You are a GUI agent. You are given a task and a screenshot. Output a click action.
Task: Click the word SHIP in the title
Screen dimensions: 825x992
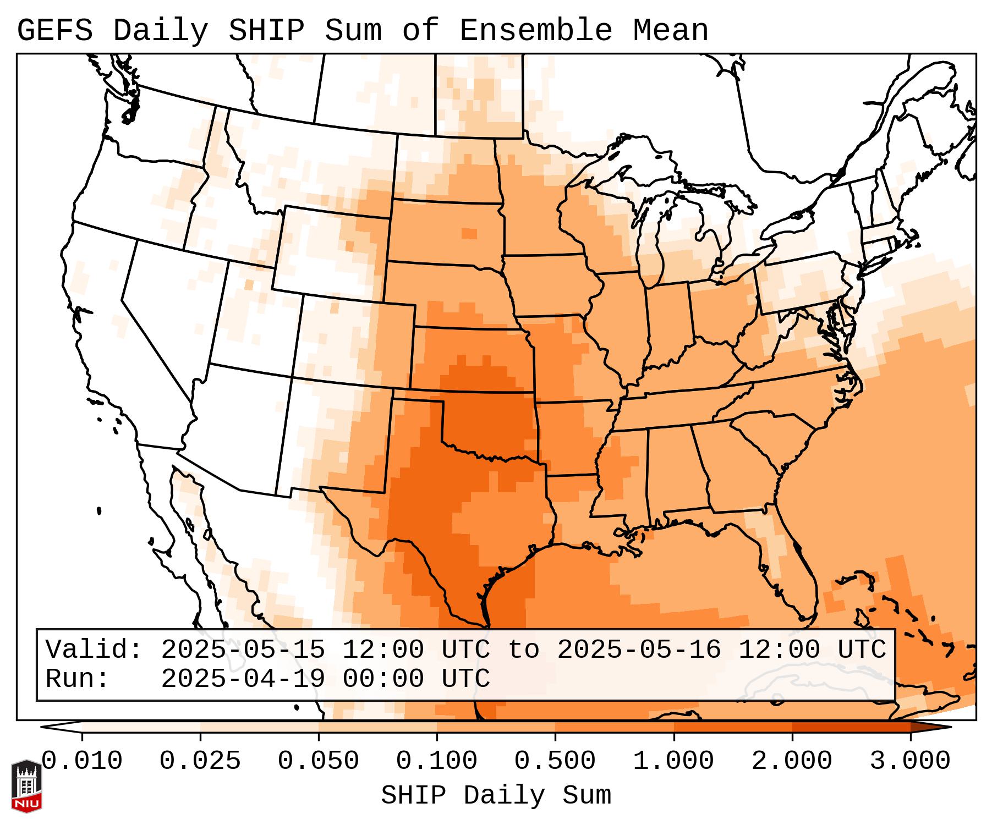point(266,31)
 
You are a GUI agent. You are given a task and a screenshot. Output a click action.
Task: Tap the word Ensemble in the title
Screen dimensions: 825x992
point(535,31)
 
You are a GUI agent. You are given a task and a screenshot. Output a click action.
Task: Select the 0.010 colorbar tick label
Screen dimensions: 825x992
point(82,761)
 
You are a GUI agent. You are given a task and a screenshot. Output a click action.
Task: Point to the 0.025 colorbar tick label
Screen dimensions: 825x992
point(200,761)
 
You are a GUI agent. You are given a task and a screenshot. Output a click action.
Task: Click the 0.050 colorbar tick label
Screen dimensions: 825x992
point(319,761)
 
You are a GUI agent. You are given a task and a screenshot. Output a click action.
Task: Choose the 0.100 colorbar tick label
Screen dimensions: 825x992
point(437,761)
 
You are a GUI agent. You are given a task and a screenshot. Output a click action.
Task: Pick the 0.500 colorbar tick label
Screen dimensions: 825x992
point(555,761)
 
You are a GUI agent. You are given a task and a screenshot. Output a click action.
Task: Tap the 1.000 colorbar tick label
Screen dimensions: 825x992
point(674,761)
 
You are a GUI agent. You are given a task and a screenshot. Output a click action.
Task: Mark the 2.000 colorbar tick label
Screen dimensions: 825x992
point(792,761)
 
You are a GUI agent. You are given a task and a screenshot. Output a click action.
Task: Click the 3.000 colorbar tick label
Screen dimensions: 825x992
point(911,761)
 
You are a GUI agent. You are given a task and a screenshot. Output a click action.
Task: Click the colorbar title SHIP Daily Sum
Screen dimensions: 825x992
point(496,795)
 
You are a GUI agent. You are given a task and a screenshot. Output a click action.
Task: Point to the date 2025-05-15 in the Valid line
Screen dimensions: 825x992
point(243,650)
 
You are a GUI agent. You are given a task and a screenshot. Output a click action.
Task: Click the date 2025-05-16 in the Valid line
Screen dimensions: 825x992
point(639,650)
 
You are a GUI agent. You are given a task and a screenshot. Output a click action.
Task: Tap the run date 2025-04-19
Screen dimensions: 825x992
point(243,679)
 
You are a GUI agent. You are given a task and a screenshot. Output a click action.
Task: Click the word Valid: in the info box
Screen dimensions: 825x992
point(94,650)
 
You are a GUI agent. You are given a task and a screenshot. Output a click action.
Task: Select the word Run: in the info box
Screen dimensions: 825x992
point(78,679)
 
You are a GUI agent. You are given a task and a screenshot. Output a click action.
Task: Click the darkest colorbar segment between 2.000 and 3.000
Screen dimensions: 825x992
point(851,727)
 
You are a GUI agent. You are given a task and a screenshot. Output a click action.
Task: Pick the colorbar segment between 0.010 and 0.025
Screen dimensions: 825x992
point(141,727)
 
